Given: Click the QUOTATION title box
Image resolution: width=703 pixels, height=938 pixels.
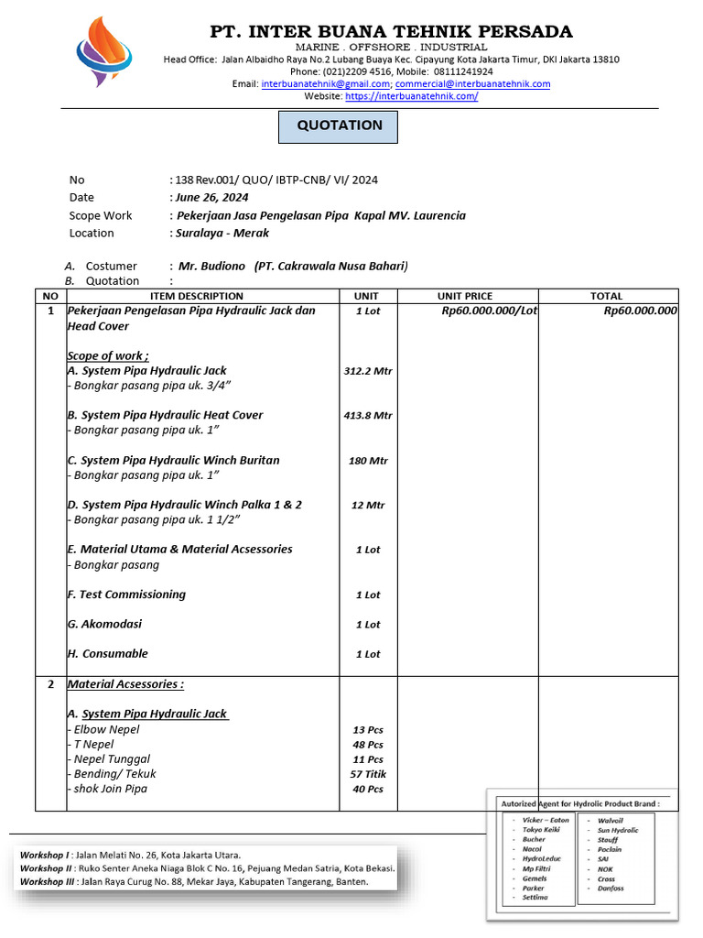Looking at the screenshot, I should (339, 126).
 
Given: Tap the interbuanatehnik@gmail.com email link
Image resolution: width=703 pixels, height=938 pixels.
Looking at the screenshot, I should (311, 83).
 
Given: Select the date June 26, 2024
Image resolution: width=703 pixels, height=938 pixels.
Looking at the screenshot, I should (212, 197).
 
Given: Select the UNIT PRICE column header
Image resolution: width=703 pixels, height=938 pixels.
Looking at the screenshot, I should (464, 296).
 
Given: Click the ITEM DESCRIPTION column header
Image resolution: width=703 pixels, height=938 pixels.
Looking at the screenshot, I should (197, 296).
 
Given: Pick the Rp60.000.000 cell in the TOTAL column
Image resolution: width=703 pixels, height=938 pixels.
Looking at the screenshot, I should (640, 311).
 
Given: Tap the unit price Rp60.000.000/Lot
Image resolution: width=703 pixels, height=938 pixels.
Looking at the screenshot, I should (489, 311).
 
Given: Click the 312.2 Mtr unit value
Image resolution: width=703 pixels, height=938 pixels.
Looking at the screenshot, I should (368, 371).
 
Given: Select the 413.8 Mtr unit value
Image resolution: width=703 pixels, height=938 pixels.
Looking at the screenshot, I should (368, 415).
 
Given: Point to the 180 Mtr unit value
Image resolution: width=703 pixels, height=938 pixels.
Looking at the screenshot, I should (368, 461).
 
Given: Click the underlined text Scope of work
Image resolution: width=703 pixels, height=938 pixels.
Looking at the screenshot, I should (108, 355).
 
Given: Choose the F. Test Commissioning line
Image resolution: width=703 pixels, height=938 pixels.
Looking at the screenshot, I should (126, 594).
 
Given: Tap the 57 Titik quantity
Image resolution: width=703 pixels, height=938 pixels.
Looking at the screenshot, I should (368, 774).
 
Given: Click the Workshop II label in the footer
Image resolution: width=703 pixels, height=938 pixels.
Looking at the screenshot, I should (48, 868).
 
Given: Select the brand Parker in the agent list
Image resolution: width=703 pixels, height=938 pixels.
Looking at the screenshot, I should (534, 889).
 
